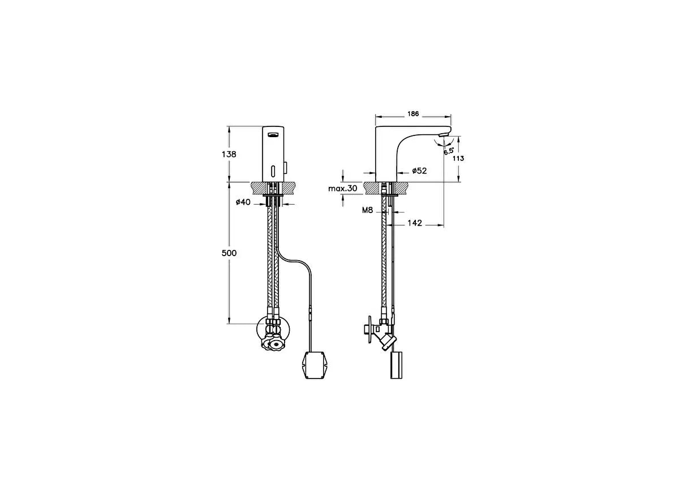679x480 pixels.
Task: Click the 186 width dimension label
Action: tap(413, 113)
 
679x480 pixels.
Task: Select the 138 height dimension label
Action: tap(229, 154)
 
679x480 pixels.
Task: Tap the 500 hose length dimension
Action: tap(229, 253)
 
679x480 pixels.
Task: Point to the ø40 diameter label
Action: tap(243, 202)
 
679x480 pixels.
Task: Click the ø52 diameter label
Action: tap(419, 171)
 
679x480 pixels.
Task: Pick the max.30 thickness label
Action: tap(343, 188)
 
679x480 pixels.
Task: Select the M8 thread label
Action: tap(367, 210)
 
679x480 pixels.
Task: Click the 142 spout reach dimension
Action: tap(414, 223)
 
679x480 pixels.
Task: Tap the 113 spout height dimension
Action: tap(458, 158)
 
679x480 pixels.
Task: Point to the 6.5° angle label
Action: tap(449, 151)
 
